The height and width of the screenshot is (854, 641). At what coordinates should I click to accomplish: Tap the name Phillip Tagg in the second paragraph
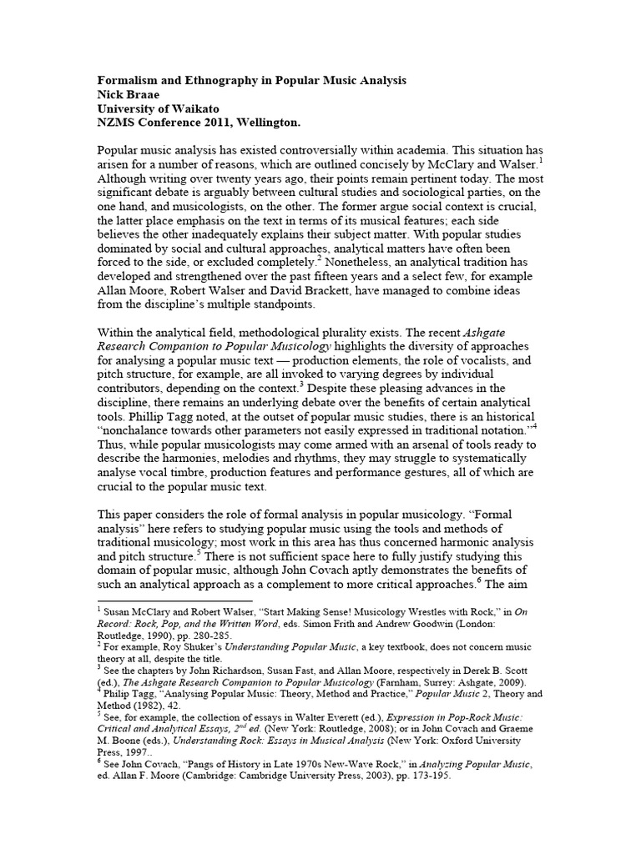[172, 415]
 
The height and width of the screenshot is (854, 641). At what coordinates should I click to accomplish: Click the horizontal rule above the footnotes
[175, 600]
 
